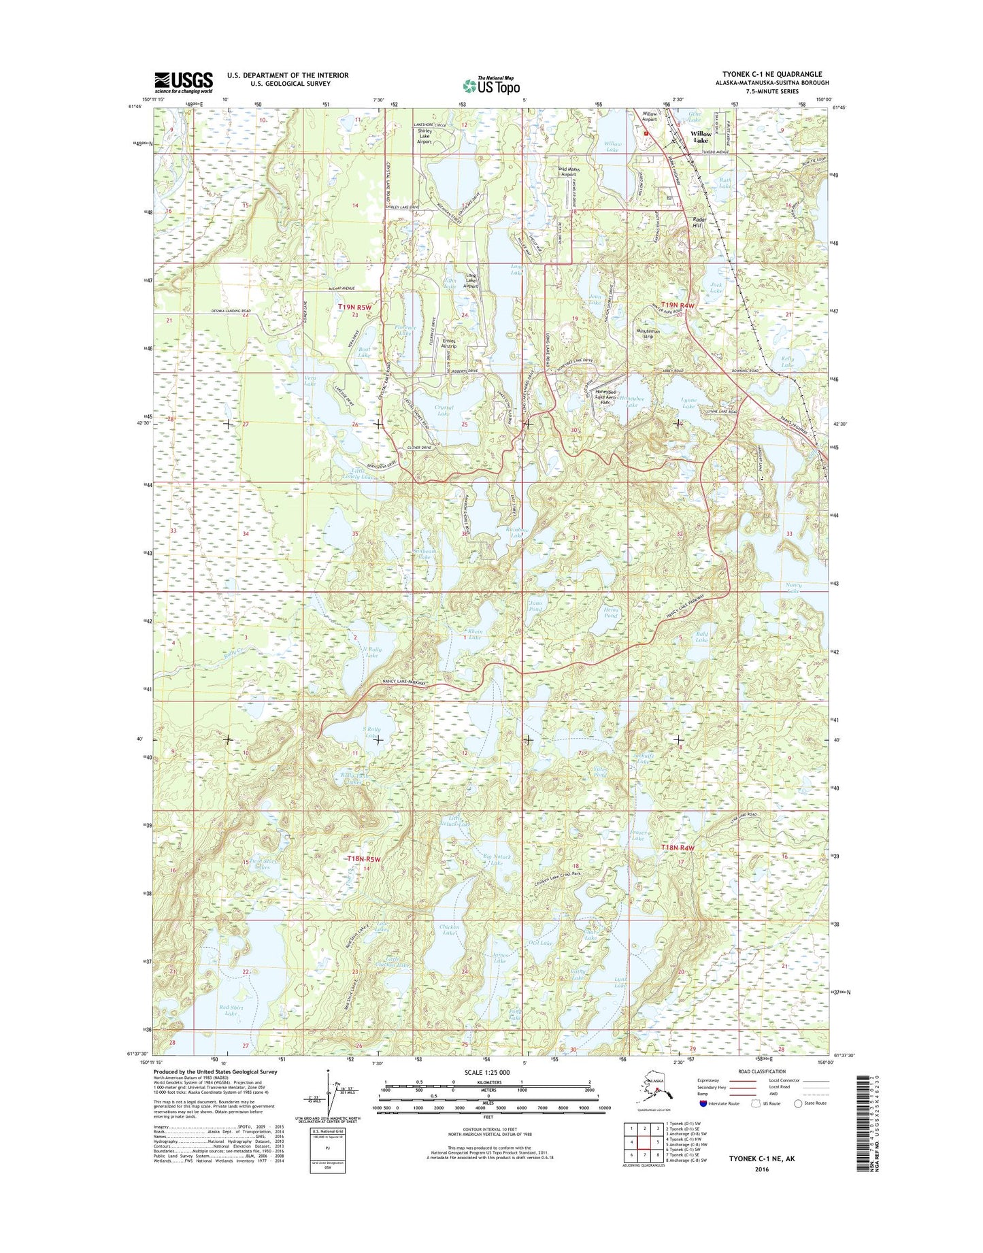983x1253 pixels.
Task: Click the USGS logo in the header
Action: tap(183, 82)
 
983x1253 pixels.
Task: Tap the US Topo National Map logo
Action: tap(491, 86)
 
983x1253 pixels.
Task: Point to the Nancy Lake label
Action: tap(793, 588)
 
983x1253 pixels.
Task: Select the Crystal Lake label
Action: tap(444, 410)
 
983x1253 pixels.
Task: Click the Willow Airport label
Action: tap(650, 116)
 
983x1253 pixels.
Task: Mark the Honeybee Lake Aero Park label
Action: tap(604, 397)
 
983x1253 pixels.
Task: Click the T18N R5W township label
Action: tap(361, 859)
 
